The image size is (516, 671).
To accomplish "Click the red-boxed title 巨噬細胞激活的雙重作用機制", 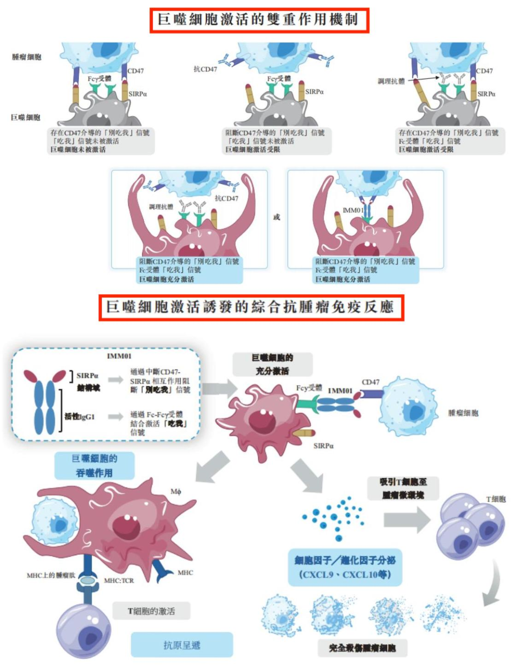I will pos(259,20).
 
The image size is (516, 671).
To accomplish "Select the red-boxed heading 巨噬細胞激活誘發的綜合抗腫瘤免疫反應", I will pos(251,307).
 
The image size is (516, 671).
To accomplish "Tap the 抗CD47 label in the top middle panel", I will pos(205,69).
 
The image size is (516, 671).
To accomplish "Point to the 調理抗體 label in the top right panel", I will pos(391,81).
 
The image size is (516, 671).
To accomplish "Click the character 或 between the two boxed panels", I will pos(277,217).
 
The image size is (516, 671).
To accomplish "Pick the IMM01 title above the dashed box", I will pos(119,356).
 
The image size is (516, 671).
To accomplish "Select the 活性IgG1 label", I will pos(80,417).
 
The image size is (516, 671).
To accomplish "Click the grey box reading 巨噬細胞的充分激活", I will pos(272,364).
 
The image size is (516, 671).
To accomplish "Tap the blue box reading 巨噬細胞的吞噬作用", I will pos(94,466).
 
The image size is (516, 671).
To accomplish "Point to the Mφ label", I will pos(176,492).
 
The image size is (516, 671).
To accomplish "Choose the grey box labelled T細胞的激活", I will pos(151,611).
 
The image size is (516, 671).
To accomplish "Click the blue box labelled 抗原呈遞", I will pos(182,645).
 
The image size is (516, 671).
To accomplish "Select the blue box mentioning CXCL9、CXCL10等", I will pos(345,567).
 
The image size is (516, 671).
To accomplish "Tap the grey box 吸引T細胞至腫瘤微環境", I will pos(403,488).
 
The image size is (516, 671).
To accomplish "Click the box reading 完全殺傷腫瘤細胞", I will pos(362,648).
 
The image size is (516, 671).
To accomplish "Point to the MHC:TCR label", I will pos(119,581).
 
